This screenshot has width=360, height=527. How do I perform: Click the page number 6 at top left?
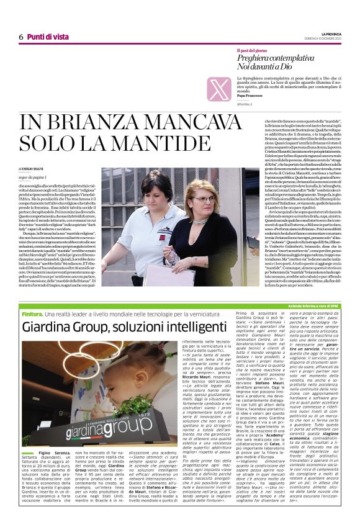20,37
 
